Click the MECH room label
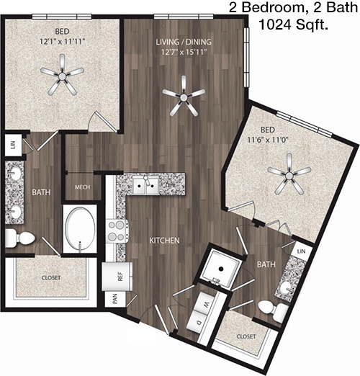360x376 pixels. point(82,187)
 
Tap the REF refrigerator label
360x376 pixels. point(120,276)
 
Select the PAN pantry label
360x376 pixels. point(115,299)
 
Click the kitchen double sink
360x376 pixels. point(145,186)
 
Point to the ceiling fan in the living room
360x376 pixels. point(184,97)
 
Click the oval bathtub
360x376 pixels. point(80,230)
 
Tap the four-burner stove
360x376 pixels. point(117,231)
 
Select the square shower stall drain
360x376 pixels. point(221,269)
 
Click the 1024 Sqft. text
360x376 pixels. point(294,24)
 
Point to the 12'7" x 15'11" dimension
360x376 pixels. point(184,52)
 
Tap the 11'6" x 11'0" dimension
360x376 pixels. point(268,140)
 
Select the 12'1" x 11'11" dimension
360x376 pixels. point(63,42)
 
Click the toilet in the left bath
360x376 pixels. point(20,238)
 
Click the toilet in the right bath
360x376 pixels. point(273,310)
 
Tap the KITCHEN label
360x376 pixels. point(164,241)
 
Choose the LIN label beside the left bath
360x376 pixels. point(13,145)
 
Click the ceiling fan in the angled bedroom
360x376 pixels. point(289,174)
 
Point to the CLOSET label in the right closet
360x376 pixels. point(246,336)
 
